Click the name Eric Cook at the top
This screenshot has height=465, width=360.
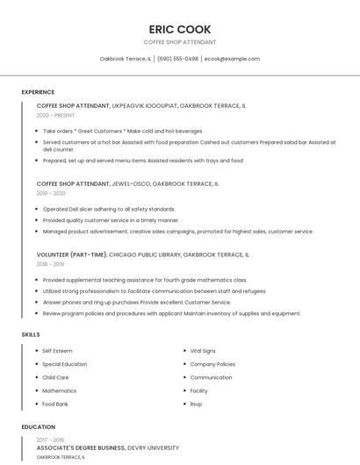pos(179,29)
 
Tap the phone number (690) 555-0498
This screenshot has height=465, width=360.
pos(177,59)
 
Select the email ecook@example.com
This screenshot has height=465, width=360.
pos(232,59)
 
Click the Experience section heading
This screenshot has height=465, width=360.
pos(38,92)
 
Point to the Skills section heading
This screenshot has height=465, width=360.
pos(31,334)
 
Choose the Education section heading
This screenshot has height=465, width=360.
pos(37,427)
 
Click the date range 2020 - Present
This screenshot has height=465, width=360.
pos(55,115)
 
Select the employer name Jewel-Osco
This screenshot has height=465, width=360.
pos(131,184)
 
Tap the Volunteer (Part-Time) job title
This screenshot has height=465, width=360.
pos(72,254)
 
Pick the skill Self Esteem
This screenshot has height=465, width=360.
pos(57,351)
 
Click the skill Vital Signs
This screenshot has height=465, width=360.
pos(203,351)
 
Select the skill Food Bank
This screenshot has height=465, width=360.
pos(56,404)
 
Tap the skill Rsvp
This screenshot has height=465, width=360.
pos(196,404)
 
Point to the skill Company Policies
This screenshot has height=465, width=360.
pos(212,364)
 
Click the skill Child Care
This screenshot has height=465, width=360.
pos(55,377)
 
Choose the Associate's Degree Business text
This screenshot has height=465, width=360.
pos(82,447)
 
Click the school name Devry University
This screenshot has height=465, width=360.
pos(155,447)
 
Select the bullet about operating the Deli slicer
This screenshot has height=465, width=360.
pos(109,209)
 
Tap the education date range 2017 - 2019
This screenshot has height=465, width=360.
pos(50,440)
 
